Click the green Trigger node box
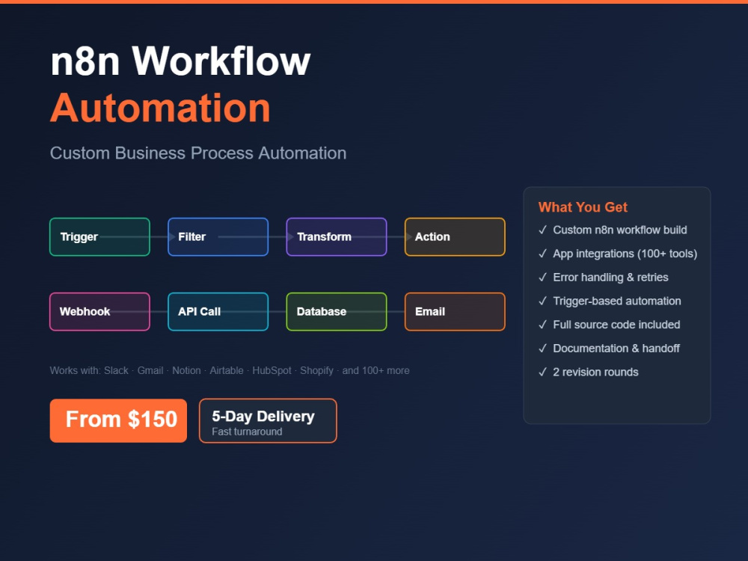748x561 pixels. click(x=99, y=236)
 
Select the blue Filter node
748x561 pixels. click(x=218, y=236)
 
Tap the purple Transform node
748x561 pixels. click(x=337, y=236)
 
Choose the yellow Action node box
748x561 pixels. click(x=455, y=236)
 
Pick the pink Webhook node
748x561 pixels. click(x=99, y=311)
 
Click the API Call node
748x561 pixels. click(x=218, y=311)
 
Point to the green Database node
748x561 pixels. click(x=337, y=311)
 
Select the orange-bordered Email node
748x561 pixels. click(x=455, y=311)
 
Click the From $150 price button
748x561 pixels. click(x=118, y=420)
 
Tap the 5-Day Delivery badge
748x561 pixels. click(x=268, y=420)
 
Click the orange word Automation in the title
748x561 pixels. click(x=160, y=108)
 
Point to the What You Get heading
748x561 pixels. click(x=583, y=207)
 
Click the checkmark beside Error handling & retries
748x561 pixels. click(x=542, y=278)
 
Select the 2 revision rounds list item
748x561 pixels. click(x=589, y=372)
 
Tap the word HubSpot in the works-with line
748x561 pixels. click(x=272, y=371)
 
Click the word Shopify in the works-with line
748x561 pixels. click(x=316, y=371)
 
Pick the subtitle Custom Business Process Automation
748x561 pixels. click(x=198, y=153)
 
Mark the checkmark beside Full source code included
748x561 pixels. click(x=542, y=325)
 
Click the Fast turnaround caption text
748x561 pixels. click(x=247, y=432)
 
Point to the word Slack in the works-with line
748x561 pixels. click(x=116, y=371)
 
